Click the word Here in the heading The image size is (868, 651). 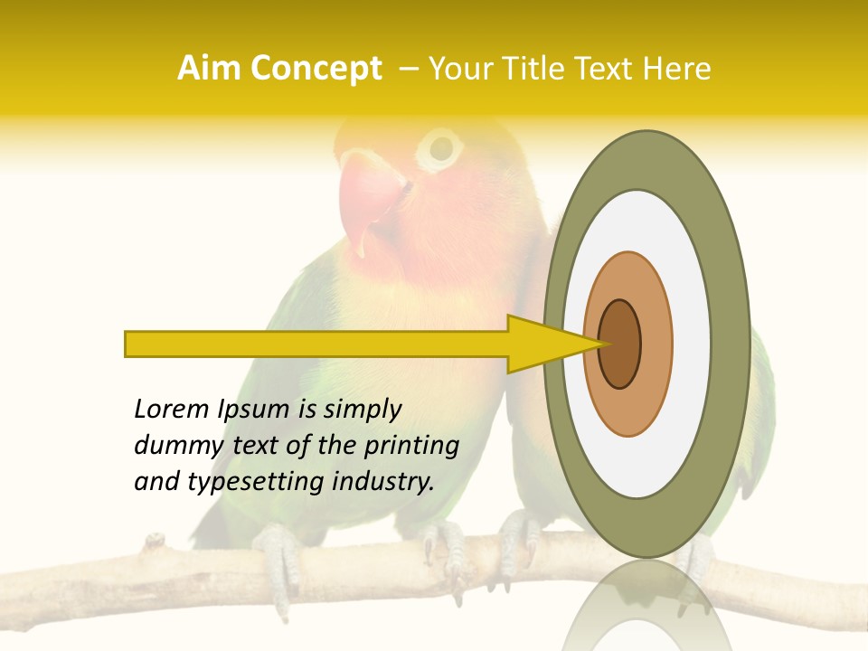[x=675, y=69]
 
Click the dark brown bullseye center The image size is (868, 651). [x=620, y=344]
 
